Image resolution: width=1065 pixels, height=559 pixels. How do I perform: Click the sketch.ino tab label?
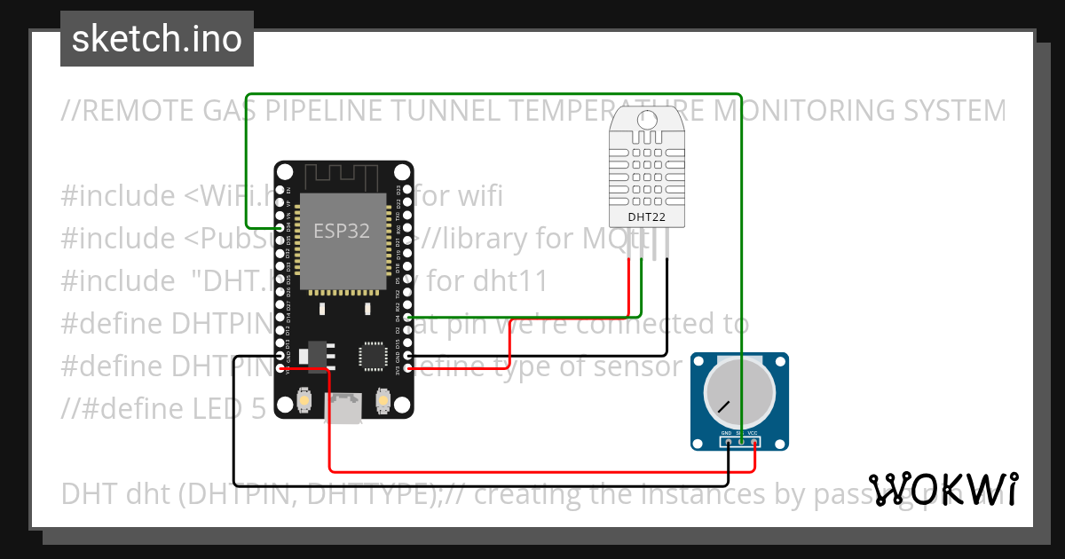157,39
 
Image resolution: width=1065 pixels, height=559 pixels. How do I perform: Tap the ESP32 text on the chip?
341,231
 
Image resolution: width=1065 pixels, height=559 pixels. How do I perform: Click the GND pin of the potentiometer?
728,441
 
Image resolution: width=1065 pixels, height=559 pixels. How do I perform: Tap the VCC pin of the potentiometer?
753,441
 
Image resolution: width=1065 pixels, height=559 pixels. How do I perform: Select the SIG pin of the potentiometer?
741,441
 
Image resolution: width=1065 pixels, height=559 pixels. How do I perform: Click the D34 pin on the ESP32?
280,228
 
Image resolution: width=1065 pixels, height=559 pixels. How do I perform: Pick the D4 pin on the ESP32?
407,317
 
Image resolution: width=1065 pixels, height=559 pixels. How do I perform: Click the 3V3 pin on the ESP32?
407,367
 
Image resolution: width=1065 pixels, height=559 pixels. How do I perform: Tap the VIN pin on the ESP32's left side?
280,367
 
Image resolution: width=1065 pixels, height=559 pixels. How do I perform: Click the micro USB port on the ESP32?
343,410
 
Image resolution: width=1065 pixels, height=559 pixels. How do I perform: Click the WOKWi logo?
943,489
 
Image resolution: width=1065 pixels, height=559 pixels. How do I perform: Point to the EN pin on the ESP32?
280,190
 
